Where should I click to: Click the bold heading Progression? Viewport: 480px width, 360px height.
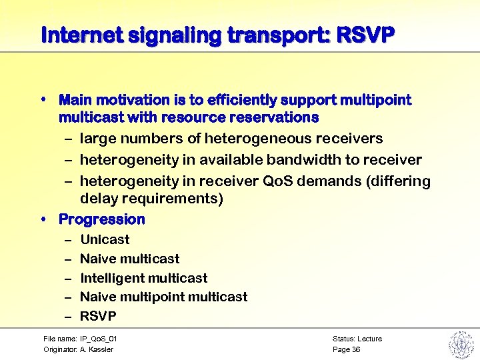click(x=101, y=219)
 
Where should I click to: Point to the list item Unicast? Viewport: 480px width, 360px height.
click(x=105, y=239)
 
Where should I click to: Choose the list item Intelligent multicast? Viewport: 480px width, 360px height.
click(x=143, y=278)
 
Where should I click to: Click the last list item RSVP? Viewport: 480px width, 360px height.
click(x=98, y=316)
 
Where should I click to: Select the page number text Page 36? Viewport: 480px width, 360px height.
click(x=346, y=349)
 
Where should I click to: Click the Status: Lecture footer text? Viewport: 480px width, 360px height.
click(x=357, y=339)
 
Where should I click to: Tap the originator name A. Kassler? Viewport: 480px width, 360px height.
click(x=97, y=349)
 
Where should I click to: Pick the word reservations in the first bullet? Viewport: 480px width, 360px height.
click(x=281, y=117)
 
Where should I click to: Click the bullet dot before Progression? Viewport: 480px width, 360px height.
click(x=43, y=219)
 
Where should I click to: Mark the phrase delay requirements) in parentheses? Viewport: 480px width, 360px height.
click(x=151, y=199)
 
